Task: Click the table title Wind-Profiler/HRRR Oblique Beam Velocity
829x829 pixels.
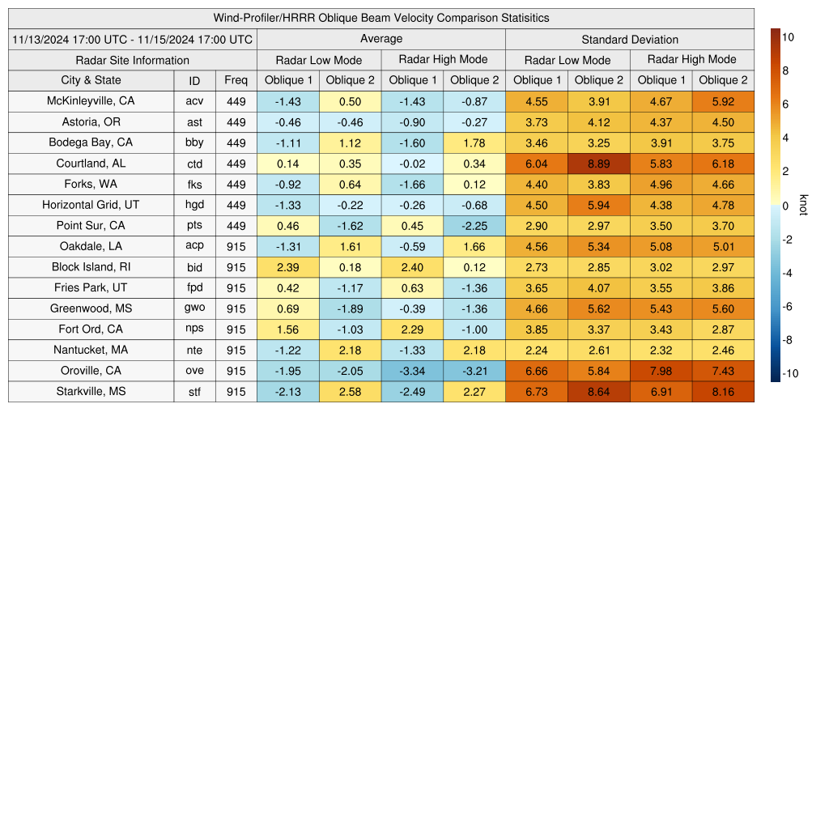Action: [381, 18]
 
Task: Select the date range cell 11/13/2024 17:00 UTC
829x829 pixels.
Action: [133, 39]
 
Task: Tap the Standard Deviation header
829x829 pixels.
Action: [630, 39]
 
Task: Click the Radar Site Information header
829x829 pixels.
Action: [133, 60]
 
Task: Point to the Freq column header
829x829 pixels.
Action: [236, 80]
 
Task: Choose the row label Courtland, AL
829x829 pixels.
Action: [91, 163]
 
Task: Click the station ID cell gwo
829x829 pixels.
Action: [194, 308]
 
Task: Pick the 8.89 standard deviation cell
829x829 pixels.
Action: [599, 163]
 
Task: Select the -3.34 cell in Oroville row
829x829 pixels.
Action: [412, 371]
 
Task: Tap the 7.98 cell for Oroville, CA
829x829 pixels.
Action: [661, 371]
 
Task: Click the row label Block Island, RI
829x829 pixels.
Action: [91, 267]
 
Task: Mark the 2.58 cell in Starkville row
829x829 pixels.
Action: [350, 392]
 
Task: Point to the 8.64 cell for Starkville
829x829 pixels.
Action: [599, 392]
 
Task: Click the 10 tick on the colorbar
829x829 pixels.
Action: [787, 36]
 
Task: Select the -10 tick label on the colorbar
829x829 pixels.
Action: [789, 373]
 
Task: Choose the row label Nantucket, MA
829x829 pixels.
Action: [91, 350]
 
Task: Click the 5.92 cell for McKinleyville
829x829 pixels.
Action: [723, 101]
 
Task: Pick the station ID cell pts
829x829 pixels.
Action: [194, 225]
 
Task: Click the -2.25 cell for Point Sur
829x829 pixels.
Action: [474, 225]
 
